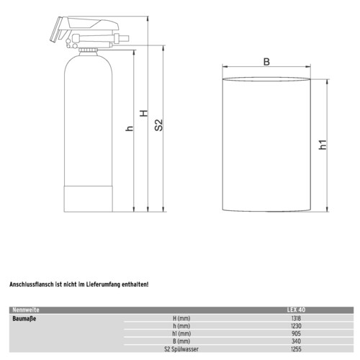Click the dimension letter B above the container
266,62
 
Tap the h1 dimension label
323,145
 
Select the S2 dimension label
158,125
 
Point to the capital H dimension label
144,113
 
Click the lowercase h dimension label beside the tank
130,128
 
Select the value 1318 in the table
296,318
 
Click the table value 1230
296,326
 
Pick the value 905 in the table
296,333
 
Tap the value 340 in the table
296,341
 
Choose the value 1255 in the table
296,349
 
